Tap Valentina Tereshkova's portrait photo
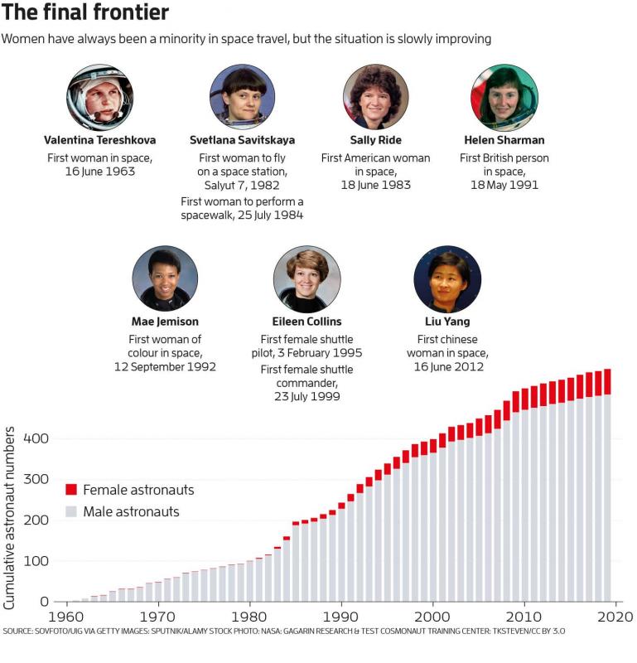99,97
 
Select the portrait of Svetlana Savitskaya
242,97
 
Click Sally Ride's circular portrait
375,97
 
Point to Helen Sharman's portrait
504,97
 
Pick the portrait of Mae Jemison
165,279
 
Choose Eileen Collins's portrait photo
306,279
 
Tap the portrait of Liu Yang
447,279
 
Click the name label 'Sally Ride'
375,140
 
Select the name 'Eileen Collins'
306,322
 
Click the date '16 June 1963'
99,172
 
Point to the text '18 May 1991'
504,185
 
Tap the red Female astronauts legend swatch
70,490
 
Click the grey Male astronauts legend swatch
70,511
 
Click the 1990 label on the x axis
338,617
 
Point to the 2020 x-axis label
616,617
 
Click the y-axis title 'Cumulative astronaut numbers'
10,518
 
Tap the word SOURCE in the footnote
18,632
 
